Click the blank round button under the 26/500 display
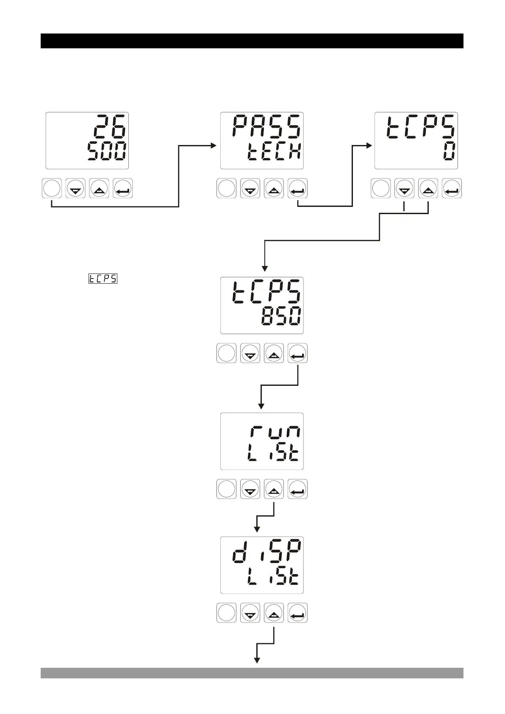[52, 188]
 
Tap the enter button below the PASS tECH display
[297, 188]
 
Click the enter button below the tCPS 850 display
[297, 353]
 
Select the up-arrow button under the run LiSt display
[274, 489]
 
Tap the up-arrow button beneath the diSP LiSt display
[274, 613]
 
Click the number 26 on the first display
[110, 126]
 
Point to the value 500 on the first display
[107, 151]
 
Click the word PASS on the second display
[266, 126]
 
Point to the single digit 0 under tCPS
[450, 151]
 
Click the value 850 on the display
[281, 316]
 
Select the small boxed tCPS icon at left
[103, 279]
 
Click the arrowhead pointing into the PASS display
[214, 145]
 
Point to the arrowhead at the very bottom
[256, 660]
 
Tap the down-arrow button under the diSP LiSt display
[250, 613]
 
